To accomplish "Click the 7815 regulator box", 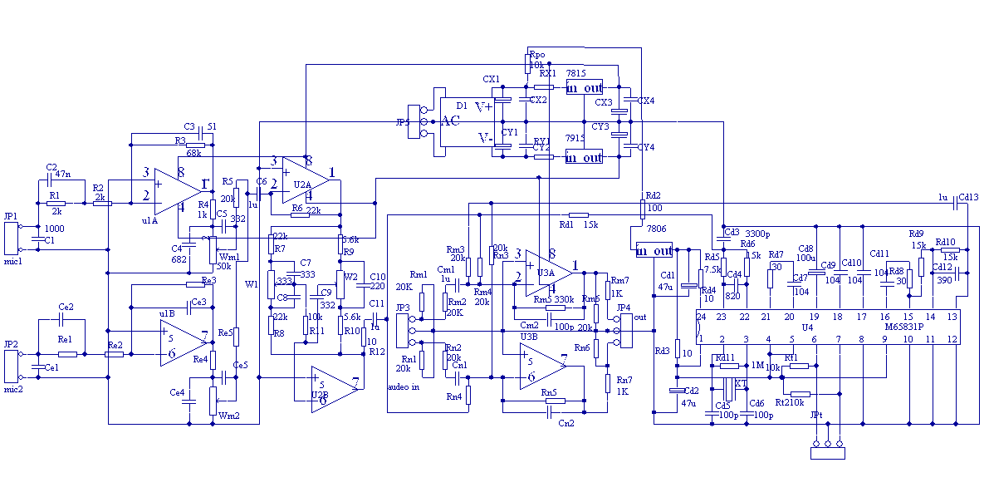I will click(x=584, y=87).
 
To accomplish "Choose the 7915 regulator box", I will click(x=584, y=157).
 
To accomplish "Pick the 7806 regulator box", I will click(x=654, y=250).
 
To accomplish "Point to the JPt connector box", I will click(x=827, y=453).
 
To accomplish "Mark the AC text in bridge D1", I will click(x=450, y=121).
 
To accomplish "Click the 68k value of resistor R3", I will click(x=194, y=153).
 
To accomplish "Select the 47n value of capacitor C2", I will click(x=64, y=175).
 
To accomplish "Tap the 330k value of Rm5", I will click(x=565, y=299).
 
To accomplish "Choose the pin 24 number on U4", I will click(x=701, y=317).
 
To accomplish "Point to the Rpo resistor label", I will click(x=537, y=54).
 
